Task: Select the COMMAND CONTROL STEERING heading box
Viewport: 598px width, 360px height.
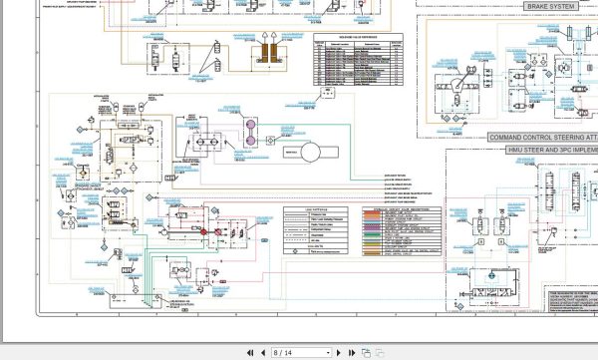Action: coord(534,136)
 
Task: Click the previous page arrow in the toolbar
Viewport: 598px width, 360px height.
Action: coord(255,352)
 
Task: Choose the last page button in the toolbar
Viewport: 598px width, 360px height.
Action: coord(352,352)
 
